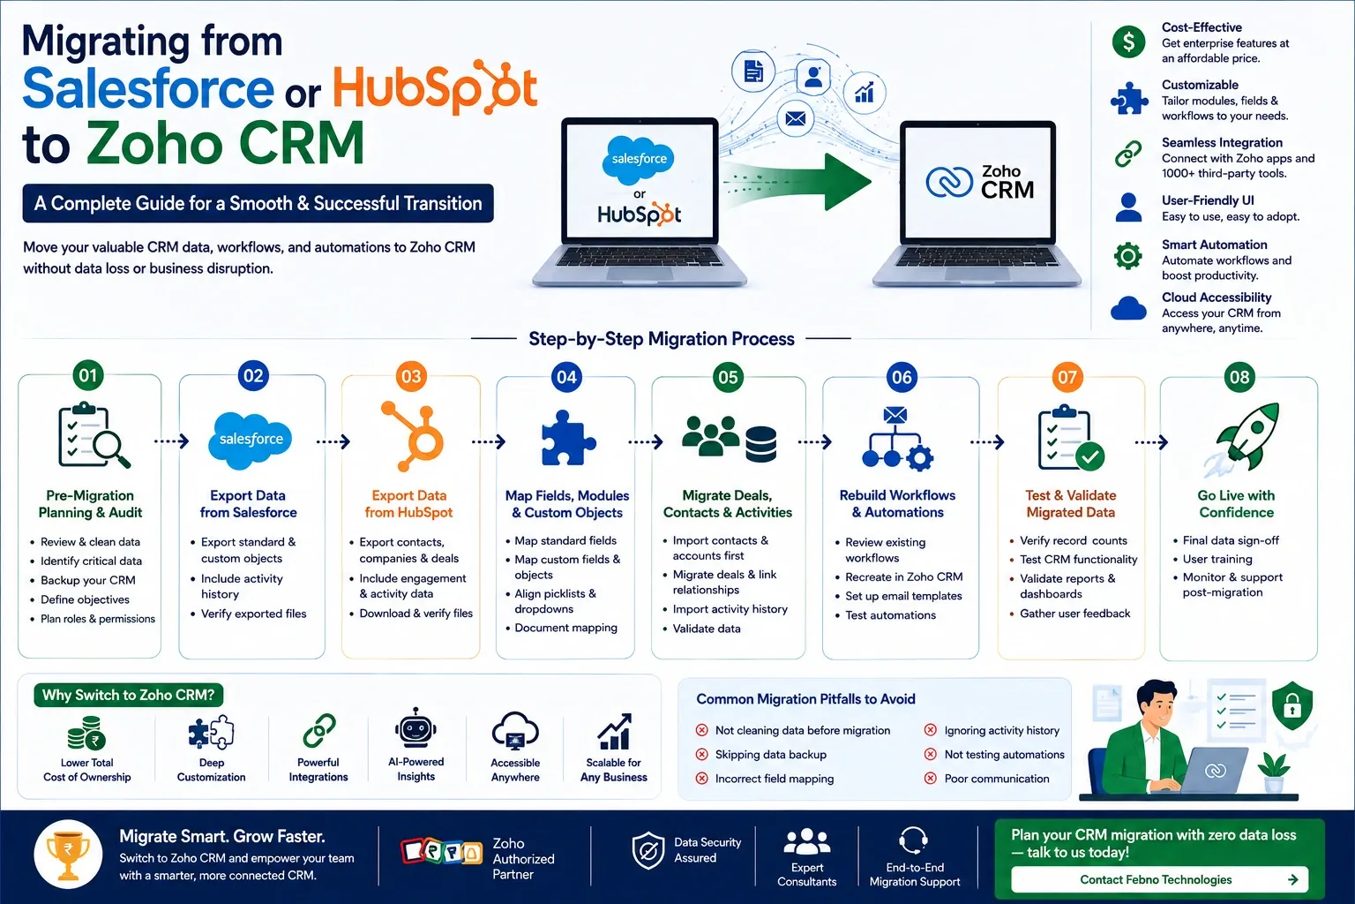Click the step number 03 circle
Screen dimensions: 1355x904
pos(411,377)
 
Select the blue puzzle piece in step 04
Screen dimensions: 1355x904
pos(567,439)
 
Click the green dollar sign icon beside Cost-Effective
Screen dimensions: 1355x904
pos(1128,41)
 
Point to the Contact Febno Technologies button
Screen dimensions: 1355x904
pos(1160,879)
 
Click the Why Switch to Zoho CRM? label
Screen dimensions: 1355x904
pos(128,695)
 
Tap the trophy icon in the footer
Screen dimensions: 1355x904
pos(68,854)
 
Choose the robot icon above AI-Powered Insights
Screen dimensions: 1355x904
pos(415,729)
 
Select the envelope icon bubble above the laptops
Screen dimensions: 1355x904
pos(796,118)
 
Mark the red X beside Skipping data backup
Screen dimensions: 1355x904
pos(701,755)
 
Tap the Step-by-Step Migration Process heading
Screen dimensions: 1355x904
pos(661,339)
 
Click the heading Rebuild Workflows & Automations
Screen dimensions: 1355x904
pos(898,504)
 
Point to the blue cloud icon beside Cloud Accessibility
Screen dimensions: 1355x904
pos(1128,308)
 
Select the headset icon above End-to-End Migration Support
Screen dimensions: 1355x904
pos(913,840)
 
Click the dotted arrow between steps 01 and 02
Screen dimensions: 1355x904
pos(172,441)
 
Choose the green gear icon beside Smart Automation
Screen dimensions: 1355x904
pos(1128,255)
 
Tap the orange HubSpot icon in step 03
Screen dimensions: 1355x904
pos(414,436)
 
